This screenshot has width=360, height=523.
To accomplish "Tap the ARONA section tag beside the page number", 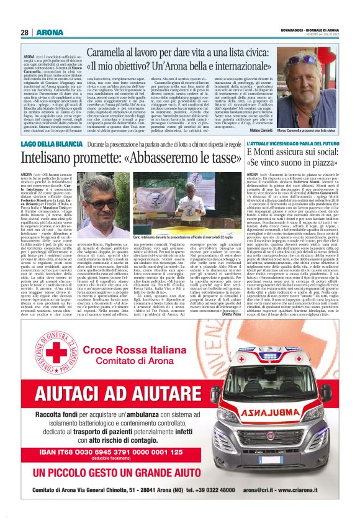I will [x=50, y=32].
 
